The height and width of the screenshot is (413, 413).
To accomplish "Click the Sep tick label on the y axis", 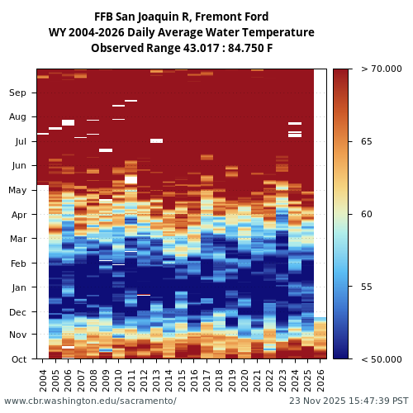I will (17, 93).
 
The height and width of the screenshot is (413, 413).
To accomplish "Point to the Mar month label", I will (17, 240).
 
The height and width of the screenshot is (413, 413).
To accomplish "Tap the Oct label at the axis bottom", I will (17, 359).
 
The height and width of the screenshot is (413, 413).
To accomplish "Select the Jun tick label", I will (17, 166).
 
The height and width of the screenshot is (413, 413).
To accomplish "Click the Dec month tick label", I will (17, 312).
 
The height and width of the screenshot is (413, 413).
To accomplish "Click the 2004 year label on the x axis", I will (43, 380).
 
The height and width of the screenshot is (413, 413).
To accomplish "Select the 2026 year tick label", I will (320, 380).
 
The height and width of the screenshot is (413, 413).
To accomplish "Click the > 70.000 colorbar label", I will (381, 69).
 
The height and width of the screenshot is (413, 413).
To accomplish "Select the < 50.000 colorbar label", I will (381, 359).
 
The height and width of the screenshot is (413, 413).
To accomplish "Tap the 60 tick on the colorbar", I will (366, 215).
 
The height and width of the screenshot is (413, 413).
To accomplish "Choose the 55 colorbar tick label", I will (366, 287).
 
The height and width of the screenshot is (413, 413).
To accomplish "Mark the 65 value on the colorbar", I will (366, 142).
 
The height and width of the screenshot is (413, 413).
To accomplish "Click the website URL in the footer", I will (90, 401).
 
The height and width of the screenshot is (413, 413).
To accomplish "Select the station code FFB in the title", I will (105, 17).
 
